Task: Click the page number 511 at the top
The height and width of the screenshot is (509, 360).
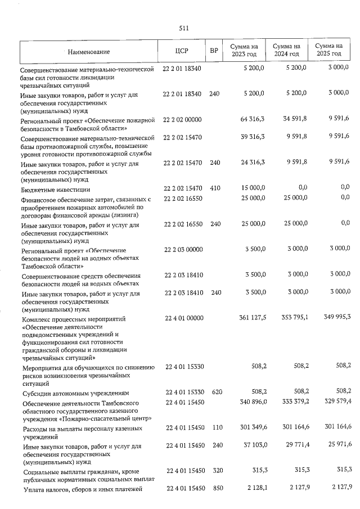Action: [x=183, y=28]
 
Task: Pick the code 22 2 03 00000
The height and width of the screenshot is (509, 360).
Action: [x=182, y=249]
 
